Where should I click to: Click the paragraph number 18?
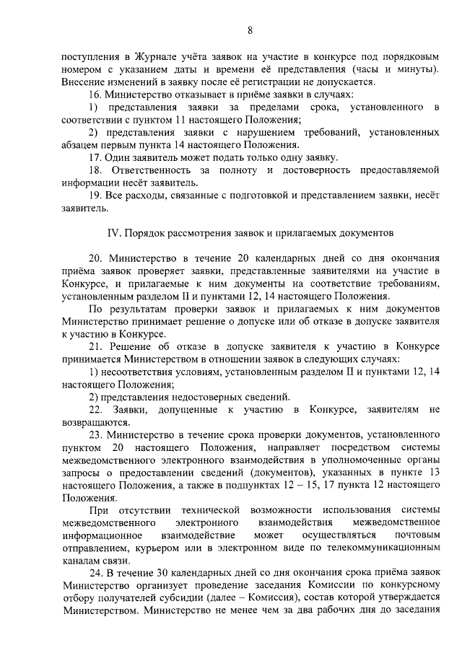coord(95,170)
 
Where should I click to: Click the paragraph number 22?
coord(95,409)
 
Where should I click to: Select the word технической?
coord(200,510)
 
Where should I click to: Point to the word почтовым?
coord(415,536)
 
